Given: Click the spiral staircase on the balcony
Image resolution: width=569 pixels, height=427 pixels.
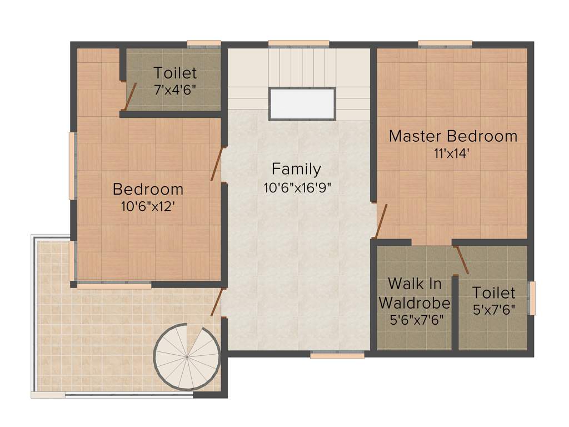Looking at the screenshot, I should point(187,356).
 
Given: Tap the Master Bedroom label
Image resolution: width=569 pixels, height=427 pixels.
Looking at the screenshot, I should point(453,136).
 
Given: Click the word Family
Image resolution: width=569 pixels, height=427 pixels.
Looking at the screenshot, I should point(296,168).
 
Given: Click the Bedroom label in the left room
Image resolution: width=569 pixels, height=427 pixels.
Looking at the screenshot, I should point(148,189).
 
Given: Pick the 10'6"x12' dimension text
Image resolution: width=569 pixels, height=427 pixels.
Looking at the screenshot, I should point(148,206).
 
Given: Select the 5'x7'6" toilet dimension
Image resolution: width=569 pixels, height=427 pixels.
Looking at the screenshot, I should point(493,310).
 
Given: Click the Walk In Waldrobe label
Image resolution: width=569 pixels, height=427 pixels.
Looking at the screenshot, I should point(415,294).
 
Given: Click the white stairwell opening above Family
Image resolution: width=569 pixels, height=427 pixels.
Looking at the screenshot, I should point(302,104).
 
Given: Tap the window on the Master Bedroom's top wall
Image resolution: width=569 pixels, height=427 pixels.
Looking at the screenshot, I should point(445,44).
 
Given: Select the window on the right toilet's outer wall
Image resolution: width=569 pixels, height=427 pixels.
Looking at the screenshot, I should point(532,298).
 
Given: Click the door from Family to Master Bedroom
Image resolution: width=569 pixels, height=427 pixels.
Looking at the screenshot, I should point(381,221).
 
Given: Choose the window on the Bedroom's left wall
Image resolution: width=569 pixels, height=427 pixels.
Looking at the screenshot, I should point(72,166).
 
